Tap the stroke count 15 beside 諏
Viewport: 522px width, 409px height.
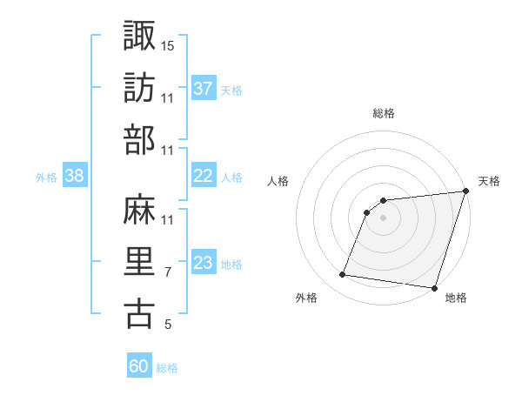(168, 44)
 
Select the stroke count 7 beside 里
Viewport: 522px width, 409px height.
(168, 272)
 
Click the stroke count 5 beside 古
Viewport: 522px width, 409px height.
(168, 325)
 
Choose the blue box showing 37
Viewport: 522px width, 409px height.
(203, 89)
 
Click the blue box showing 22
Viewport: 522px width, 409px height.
(203, 176)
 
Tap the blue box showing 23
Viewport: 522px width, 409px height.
(203, 263)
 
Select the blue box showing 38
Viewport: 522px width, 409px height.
(74, 176)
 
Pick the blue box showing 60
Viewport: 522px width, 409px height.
(138, 366)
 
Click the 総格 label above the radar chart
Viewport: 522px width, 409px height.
(384, 113)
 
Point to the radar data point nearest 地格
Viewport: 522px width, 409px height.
(433, 287)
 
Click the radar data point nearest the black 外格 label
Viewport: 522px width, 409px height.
(343, 275)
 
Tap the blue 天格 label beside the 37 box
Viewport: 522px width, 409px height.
(231, 90)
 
